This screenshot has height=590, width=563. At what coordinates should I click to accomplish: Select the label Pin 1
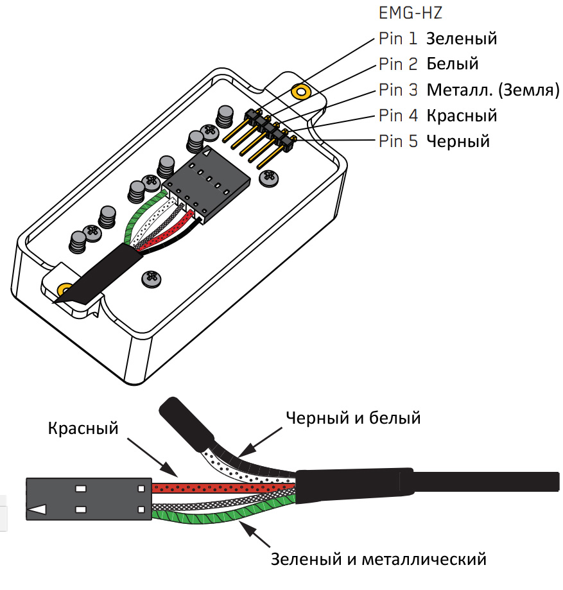click(x=398, y=39)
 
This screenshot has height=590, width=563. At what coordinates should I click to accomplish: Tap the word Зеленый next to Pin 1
click(x=462, y=39)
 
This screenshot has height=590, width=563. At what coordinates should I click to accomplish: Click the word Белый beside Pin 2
click(x=453, y=64)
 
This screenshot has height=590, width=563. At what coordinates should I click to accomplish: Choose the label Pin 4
click(x=398, y=116)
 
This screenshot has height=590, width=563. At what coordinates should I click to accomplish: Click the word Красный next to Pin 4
click(x=462, y=116)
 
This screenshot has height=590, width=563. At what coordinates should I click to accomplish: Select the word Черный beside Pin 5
click(x=458, y=141)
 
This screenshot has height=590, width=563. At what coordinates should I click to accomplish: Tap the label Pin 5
click(x=398, y=141)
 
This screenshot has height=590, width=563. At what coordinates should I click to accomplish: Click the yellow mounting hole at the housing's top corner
click(x=299, y=91)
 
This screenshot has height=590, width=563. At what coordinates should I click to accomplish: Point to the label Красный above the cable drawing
click(x=83, y=428)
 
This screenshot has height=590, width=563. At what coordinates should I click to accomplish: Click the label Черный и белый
click(x=352, y=419)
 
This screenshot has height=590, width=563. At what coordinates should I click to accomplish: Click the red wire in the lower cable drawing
click(x=218, y=489)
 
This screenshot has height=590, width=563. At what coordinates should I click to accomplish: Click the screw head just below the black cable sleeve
click(x=152, y=279)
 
